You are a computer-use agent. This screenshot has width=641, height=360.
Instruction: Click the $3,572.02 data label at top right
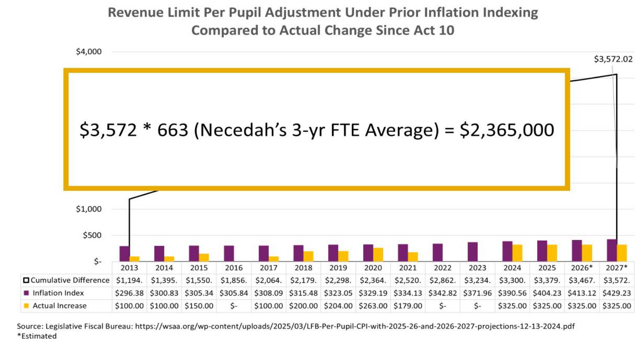[613, 59]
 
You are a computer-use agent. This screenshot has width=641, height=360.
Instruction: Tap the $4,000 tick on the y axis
[89, 52]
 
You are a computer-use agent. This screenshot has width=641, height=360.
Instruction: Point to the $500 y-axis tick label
[92, 235]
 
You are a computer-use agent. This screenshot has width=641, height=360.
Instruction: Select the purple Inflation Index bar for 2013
[124, 254]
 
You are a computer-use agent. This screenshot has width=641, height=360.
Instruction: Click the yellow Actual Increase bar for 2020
[378, 255]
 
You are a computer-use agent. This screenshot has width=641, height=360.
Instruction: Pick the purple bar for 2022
[438, 252]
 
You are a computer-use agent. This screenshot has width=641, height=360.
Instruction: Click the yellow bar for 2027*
[622, 253]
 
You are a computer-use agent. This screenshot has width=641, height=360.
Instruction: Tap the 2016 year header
[234, 268]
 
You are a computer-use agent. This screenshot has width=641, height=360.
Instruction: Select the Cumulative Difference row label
[70, 280]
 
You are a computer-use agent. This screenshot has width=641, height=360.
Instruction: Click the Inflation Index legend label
[58, 293]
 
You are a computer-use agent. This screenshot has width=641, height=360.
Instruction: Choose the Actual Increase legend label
[59, 306]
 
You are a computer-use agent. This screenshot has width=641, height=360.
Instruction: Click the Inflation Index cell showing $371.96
[477, 293]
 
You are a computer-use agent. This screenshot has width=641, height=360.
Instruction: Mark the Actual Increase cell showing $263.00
[373, 306]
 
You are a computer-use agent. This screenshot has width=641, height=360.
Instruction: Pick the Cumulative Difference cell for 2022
[442, 280]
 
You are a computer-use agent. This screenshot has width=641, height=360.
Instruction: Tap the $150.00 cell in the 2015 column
[199, 306]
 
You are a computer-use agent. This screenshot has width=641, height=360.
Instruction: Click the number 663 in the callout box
[173, 130]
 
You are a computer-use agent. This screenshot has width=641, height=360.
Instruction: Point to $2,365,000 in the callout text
[507, 130]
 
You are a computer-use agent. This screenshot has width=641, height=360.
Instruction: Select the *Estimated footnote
[37, 336]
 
